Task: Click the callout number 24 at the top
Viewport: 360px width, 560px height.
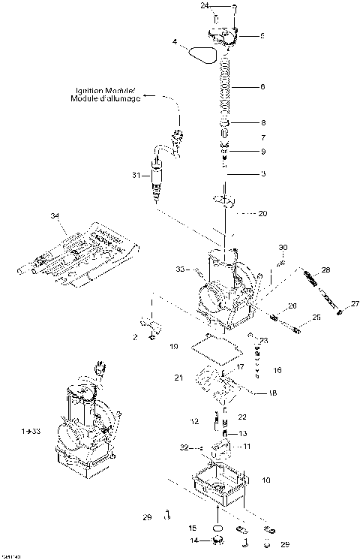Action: pyautogui.click(x=205, y=6)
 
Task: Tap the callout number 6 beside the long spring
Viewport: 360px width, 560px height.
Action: pyautogui.click(x=262, y=87)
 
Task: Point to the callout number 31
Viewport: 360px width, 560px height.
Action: pyautogui.click(x=135, y=175)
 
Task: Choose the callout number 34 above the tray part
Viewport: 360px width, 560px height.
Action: pyautogui.click(x=53, y=216)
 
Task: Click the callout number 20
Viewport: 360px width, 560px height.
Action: pyautogui.click(x=262, y=214)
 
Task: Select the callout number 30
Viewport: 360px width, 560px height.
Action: pyautogui.click(x=283, y=248)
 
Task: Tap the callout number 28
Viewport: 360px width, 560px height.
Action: pyautogui.click(x=325, y=269)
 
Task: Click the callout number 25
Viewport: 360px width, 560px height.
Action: pyautogui.click(x=316, y=318)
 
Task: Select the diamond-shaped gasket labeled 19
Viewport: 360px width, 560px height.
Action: pyautogui.click(x=217, y=348)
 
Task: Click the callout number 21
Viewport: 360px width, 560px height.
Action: pyautogui.click(x=178, y=378)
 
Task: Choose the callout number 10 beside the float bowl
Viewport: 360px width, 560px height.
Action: pyautogui.click(x=266, y=478)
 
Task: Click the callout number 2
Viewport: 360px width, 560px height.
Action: pyautogui.click(x=134, y=338)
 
